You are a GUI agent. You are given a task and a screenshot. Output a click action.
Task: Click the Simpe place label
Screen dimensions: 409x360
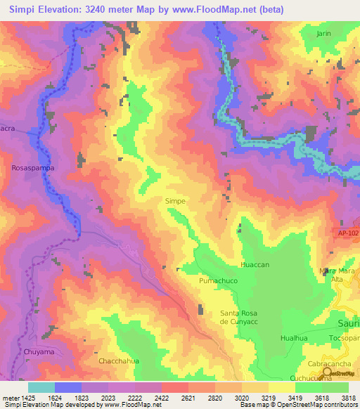point(175,201)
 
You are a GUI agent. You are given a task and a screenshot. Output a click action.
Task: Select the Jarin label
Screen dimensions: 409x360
point(323,33)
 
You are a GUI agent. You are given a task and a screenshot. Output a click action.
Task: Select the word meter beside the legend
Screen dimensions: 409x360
point(10,398)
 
